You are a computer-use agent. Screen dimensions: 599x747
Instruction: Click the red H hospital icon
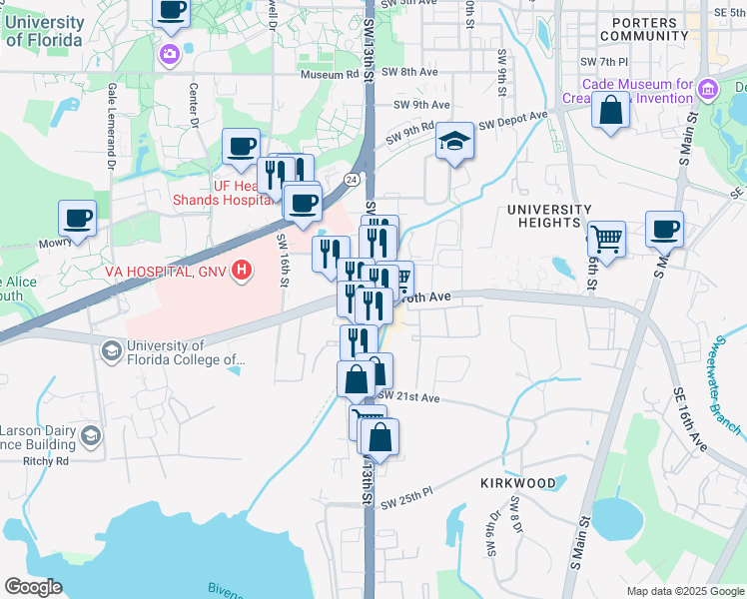tap(241, 271)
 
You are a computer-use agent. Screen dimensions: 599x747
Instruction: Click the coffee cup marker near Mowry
tap(77, 219)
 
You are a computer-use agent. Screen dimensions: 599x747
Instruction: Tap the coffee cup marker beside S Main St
tap(664, 230)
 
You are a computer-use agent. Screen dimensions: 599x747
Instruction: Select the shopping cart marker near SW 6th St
tap(606, 240)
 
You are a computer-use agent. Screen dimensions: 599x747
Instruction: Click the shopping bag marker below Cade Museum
tap(610, 111)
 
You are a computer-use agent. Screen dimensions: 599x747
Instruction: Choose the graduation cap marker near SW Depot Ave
tap(454, 141)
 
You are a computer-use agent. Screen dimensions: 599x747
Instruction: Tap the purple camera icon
tap(170, 52)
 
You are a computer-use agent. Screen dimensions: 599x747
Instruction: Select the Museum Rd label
tap(329, 74)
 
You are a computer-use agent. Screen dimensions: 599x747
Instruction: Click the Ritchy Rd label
tap(48, 461)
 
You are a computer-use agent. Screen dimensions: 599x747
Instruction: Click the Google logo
tap(33, 587)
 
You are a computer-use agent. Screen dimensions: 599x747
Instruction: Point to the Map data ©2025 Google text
tap(684, 591)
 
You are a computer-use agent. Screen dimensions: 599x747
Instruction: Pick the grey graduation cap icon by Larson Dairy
tap(91, 435)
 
